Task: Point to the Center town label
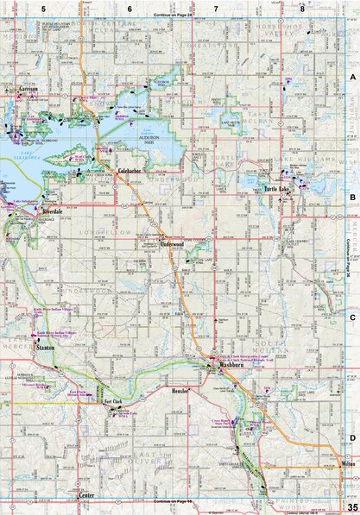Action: [85, 496]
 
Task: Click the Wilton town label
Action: [347, 463]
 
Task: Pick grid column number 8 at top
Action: [301, 8]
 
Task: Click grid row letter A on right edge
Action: [352, 77]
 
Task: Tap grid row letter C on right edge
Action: [352, 317]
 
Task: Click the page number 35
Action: [351, 506]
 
